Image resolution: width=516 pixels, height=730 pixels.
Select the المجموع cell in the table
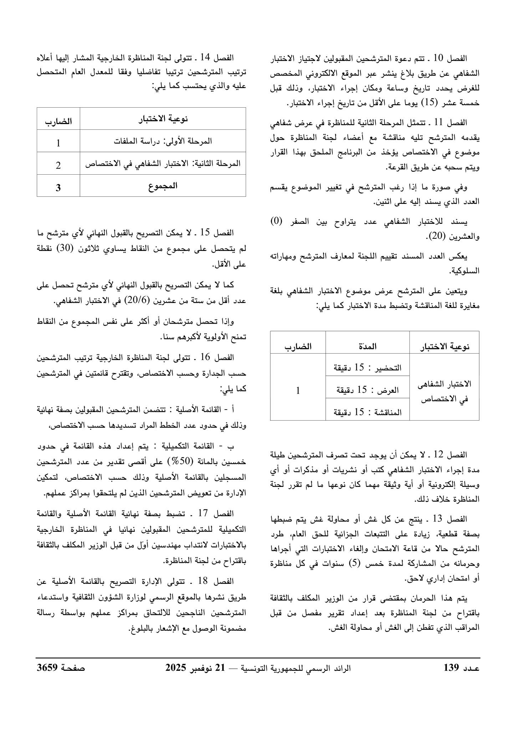pyautogui.click(x=163, y=186)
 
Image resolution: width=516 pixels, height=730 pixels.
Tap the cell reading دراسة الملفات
pyautogui.click(x=163, y=141)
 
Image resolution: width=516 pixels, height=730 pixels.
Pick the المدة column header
pyautogui.click(x=367, y=346)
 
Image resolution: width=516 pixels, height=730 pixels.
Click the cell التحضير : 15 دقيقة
pyautogui.click(x=367, y=367)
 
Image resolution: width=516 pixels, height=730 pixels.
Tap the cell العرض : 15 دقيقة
pyautogui.click(x=367, y=390)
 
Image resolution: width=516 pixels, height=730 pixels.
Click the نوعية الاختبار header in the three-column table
pyautogui.click(x=444, y=346)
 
